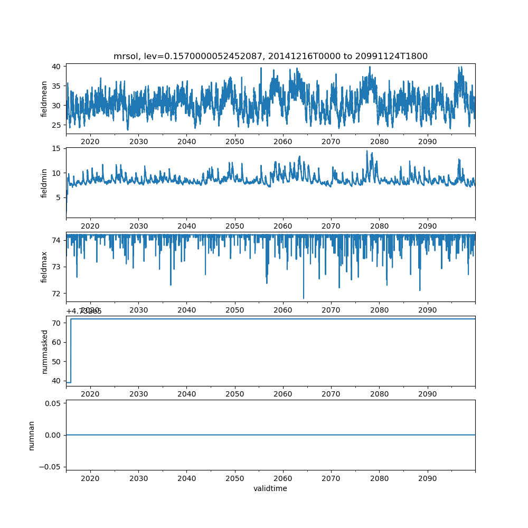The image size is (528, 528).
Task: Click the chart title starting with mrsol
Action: click(270, 56)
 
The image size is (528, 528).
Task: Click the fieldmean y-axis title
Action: click(44, 99)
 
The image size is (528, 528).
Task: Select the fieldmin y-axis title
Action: click(44, 183)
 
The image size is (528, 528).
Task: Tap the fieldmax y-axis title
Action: click(44, 266)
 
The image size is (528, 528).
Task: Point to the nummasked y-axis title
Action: click(44, 351)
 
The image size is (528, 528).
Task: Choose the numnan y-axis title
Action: click(32, 435)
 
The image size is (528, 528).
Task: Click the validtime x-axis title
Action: click(270, 488)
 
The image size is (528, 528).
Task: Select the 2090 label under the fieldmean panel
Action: click(427, 142)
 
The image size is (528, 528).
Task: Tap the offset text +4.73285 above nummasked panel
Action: click(84, 311)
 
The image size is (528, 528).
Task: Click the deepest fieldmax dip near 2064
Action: click(304, 298)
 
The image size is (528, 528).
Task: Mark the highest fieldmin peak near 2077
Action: click(367, 151)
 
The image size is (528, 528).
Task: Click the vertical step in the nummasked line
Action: click(71, 351)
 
